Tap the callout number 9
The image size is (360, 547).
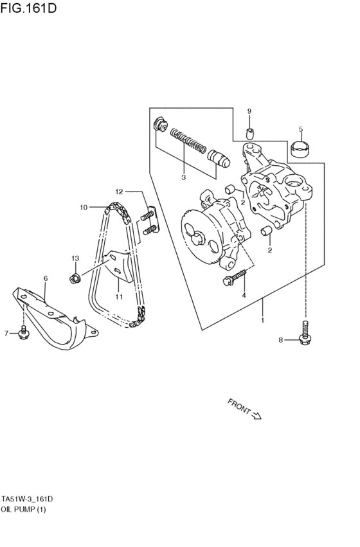click(250, 111)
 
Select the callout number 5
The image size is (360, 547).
click(300, 129)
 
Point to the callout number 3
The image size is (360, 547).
click(183, 177)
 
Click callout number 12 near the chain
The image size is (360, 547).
click(119, 192)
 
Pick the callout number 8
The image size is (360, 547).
click(280, 340)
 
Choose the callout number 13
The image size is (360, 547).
click(75, 258)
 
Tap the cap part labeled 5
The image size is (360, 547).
click(300, 149)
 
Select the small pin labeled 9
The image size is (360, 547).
click(251, 134)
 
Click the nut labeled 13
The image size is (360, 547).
click(75, 278)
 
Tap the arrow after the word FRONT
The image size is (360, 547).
click(256, 415)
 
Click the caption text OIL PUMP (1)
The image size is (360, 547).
click(24, 509)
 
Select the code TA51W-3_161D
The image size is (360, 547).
click(27, 499)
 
